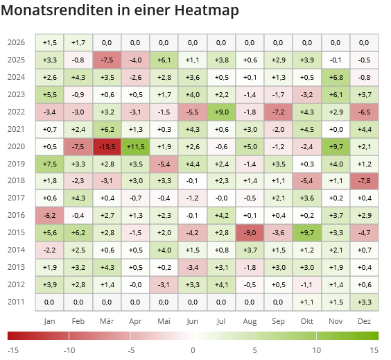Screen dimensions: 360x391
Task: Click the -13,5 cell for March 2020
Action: (107, 146)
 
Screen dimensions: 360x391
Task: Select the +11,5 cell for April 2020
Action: (135, 146)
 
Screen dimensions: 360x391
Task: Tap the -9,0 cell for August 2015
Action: (250, 232)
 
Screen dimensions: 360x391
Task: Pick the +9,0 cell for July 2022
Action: (221, 112)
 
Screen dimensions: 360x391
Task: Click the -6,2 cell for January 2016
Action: (49, 215)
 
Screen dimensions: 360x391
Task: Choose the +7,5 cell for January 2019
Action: (49, 164)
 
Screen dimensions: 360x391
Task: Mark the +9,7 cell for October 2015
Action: (307, 232)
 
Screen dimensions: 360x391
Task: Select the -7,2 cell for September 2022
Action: (279, 112)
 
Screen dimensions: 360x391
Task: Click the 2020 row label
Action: (16, 146)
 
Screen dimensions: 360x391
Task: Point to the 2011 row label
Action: (16, 301)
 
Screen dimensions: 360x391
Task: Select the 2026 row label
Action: (16, 43)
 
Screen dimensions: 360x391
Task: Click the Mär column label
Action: (107, 321)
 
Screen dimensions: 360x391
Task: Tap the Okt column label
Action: (307, 321)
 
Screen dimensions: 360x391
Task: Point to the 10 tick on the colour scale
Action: (317, 350)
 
